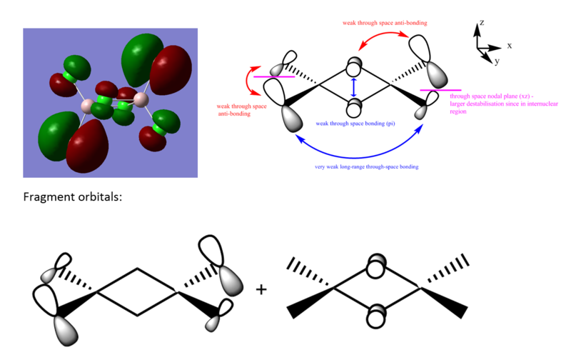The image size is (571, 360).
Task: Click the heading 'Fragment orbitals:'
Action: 73,197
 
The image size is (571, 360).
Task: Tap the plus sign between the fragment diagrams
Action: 261,290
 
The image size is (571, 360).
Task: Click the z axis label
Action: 482,23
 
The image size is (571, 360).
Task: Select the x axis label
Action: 510,46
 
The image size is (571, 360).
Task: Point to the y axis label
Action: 497,61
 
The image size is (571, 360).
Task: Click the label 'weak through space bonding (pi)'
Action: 355,124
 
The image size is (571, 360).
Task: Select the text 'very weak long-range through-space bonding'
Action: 367,167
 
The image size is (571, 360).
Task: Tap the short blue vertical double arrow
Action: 353,87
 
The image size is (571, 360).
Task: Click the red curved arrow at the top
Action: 383,33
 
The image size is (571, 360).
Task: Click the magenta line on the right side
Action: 440,90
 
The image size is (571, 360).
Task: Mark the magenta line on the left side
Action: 274,77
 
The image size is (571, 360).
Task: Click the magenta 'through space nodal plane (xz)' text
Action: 504,104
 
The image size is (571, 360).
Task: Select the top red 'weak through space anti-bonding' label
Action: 385,23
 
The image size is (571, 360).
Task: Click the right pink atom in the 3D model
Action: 141,99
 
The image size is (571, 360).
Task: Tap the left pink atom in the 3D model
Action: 87,106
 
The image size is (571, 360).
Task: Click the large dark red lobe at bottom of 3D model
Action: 87,146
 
